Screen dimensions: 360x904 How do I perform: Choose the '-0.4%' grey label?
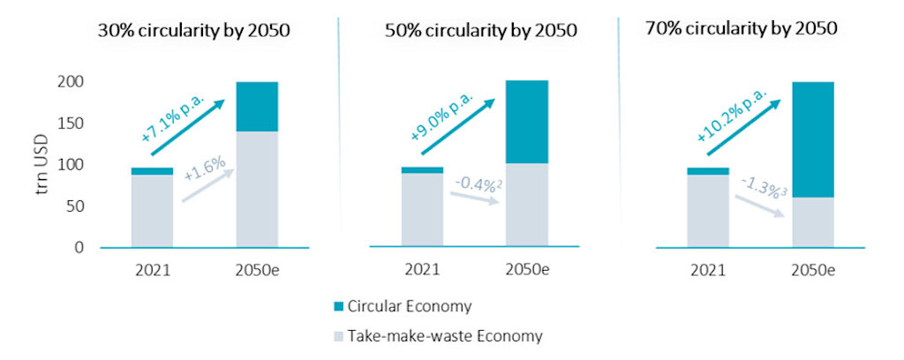478,184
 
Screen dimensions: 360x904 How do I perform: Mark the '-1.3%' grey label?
762,186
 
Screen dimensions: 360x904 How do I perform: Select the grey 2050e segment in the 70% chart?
812,221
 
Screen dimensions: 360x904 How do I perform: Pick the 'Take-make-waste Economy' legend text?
444,335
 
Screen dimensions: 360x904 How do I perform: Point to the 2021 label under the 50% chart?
422,268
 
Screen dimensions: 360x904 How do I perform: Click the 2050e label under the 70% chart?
812,268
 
